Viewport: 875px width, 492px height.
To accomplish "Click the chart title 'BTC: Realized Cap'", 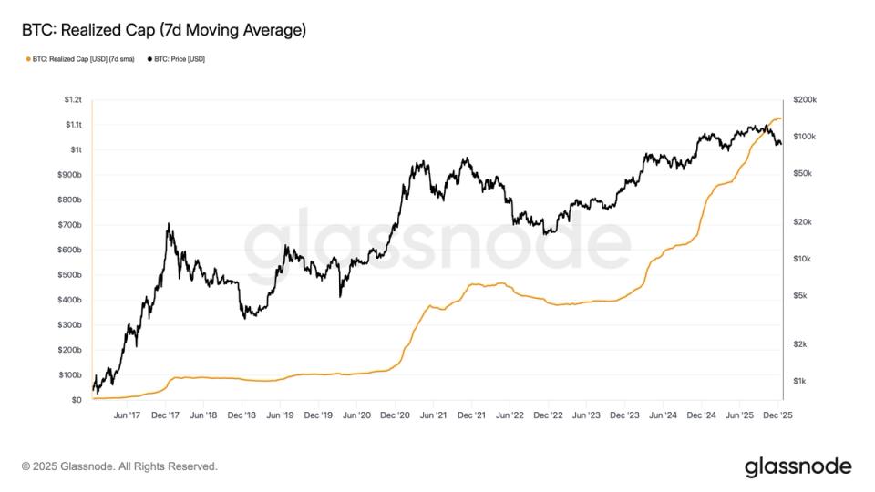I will tap(164, 30).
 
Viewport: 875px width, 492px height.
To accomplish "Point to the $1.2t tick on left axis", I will tap(73, 99).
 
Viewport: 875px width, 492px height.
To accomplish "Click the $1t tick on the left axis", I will tap(77, 149).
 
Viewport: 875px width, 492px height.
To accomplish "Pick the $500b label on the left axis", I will tap(72, 274).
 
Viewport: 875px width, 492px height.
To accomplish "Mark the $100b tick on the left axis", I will tap(72, 374).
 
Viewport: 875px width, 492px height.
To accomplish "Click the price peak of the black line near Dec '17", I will tap(168, 224).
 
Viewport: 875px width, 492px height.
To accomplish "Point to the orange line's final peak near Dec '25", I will tap(777, 118).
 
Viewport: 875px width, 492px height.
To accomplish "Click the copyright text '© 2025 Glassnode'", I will tap(119, 466).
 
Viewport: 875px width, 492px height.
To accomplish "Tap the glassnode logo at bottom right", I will tap(798, 466).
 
